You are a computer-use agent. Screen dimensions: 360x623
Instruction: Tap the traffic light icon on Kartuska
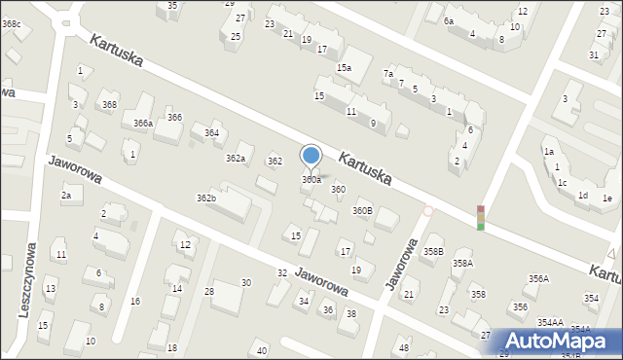pyautogui.click(x=480, y=218)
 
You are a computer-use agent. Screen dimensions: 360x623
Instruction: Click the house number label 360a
pyautogui.click(x=311, y=180)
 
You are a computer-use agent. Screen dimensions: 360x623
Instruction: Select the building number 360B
pyautogui.click(x=362, y=210)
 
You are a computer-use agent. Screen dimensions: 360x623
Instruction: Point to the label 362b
pyautogui.click(x=206, y=198)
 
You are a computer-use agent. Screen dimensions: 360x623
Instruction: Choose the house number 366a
pyautogui.click(x=143, y=124)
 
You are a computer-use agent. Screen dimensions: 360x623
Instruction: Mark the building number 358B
pyautogui.click(x=433, y=252)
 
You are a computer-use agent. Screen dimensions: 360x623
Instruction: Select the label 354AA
pyautogui.click(x=549, y=322)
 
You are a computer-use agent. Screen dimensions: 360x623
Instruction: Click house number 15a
pyautogui.click(x=344, y=67)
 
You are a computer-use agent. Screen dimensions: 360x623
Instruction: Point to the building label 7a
pyautogui.click(x=388, y=74)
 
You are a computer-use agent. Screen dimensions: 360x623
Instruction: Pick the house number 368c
pyautogui.click(x=11, y=23)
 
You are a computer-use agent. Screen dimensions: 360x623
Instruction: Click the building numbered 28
pyautogui.click(x=209, y=292)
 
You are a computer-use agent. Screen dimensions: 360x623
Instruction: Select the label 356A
pyautogui.click(x=538, y=279)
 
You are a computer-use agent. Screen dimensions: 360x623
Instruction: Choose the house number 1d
pyautogui.click(x=582, y=196)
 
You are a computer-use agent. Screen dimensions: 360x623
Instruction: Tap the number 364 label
pyautogui.click(x=211, y=133)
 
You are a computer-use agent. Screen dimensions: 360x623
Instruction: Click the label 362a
pyautogui.click(x=236, y=158)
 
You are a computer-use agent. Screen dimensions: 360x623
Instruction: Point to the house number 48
pyautogui.click(x=404, y=348)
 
